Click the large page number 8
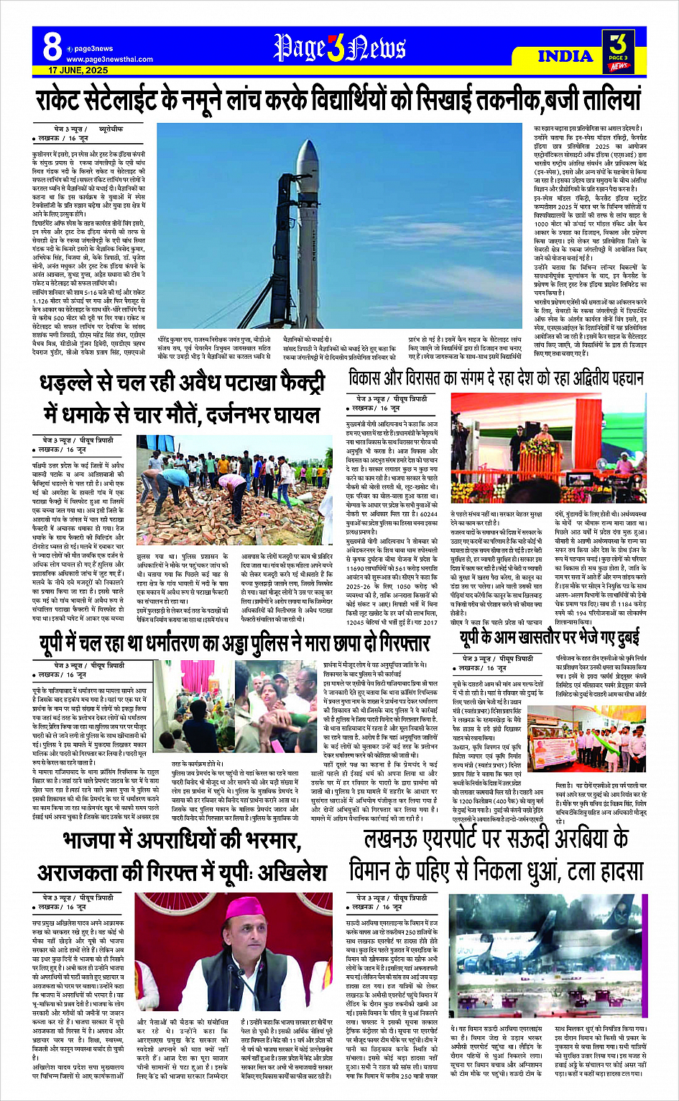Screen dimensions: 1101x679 tap(52, 46)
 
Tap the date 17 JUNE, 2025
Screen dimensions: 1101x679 tap(78, 70)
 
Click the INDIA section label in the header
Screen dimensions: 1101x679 tap(565, 56)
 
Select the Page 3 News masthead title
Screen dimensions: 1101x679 tap(339, 48)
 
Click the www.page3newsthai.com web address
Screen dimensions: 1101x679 tap(109, 60)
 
